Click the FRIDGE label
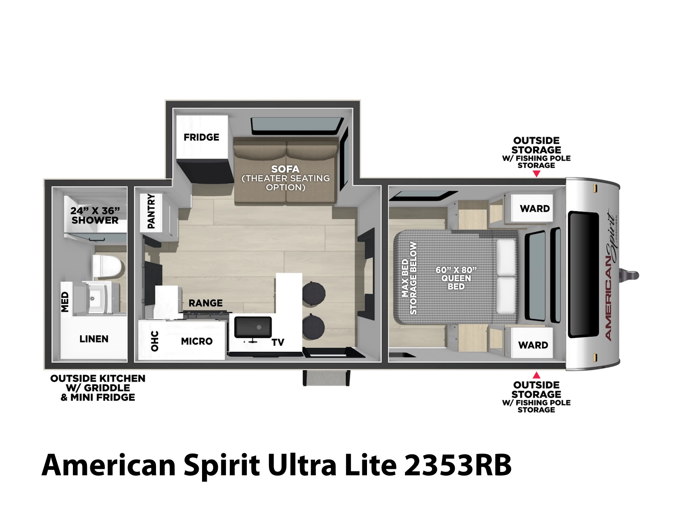[201, 137]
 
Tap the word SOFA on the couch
[285, 169]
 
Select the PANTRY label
[151, 211]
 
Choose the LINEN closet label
[94, 339]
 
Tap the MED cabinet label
[65, 302]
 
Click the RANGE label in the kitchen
[205, 303]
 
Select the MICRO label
[197, 341]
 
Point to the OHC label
[154, 341]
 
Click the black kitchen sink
[253, 327]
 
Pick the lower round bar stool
[313, 327]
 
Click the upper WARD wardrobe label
[535, 209]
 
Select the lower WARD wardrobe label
[533, 345]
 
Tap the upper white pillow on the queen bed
[506, 257]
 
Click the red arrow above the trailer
[536, 174]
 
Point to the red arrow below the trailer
[536, 375]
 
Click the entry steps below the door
[327, 378]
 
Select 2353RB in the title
[458, 465]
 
